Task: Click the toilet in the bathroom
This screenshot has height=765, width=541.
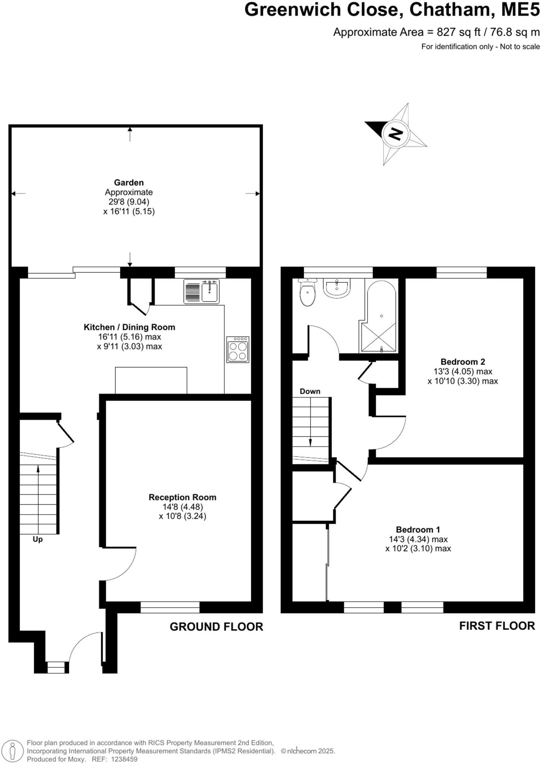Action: tap(308, 294)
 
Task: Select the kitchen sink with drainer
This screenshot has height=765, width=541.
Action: tap(202, 291)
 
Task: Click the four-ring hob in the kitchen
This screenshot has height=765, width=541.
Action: tap(237, 350)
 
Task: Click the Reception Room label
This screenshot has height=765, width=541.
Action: tap(182, 497)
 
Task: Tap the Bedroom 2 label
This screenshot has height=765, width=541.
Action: tap(463, 362)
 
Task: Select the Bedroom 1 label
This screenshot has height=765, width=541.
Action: tap(418, 529)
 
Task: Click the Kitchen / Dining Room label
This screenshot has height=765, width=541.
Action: tap(129, 327)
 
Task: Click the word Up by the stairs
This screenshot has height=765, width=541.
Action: tap(38, 539)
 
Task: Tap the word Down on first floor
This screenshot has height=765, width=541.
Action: tap(310, 391)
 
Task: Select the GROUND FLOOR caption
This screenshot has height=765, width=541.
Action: tap(216, 627)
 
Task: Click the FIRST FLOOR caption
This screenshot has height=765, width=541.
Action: tap(497, 626)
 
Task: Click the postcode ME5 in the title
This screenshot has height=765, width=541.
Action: tap(520, 10)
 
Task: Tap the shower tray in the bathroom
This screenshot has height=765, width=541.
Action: tap(377, 337)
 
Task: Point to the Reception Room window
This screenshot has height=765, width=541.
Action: tap(170, 607)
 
